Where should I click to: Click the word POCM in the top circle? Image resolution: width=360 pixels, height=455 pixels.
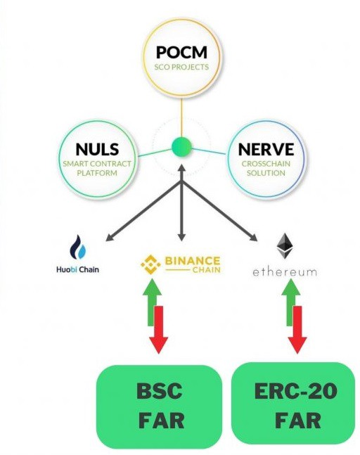(x=181, y=52)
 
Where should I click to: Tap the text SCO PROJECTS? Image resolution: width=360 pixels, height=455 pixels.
(x=181, y=67)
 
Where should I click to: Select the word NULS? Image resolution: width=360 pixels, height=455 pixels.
(x=97, y=150)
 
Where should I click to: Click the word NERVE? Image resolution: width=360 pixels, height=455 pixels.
(x=266, y=150)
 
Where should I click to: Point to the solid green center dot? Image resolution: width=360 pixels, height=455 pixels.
(x=181, y=148)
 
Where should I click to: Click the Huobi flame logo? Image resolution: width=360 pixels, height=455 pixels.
(x=78, y=247)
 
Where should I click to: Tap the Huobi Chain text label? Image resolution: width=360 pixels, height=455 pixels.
(x=78, y=269)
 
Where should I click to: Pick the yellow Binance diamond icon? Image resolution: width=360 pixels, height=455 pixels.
(x=150, y=264)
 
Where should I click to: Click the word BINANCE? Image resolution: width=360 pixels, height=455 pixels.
(x=193, y=260)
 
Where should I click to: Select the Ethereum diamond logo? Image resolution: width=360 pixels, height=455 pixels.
(x=285, y=246)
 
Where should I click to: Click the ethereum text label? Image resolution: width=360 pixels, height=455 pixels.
(x=285, y=272)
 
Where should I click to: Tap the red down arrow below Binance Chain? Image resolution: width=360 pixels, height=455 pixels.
(x=159, y=330)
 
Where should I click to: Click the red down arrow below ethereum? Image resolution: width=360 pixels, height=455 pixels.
(x=297, y=330)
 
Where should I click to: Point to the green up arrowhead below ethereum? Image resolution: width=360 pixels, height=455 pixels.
(x=291, y=287)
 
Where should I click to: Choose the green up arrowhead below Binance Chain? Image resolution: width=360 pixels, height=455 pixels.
(x=152, y=287)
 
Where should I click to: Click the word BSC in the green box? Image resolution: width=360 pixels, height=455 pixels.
(x=160, y=390)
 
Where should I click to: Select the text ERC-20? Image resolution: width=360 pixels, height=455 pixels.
(x=295, y=390)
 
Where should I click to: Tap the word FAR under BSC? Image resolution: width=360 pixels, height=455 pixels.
(x=161, y=420)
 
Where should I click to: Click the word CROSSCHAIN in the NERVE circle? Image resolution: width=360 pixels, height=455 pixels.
(x=266, y=164)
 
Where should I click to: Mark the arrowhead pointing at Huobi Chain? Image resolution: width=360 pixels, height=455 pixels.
(x=110, y=237)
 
